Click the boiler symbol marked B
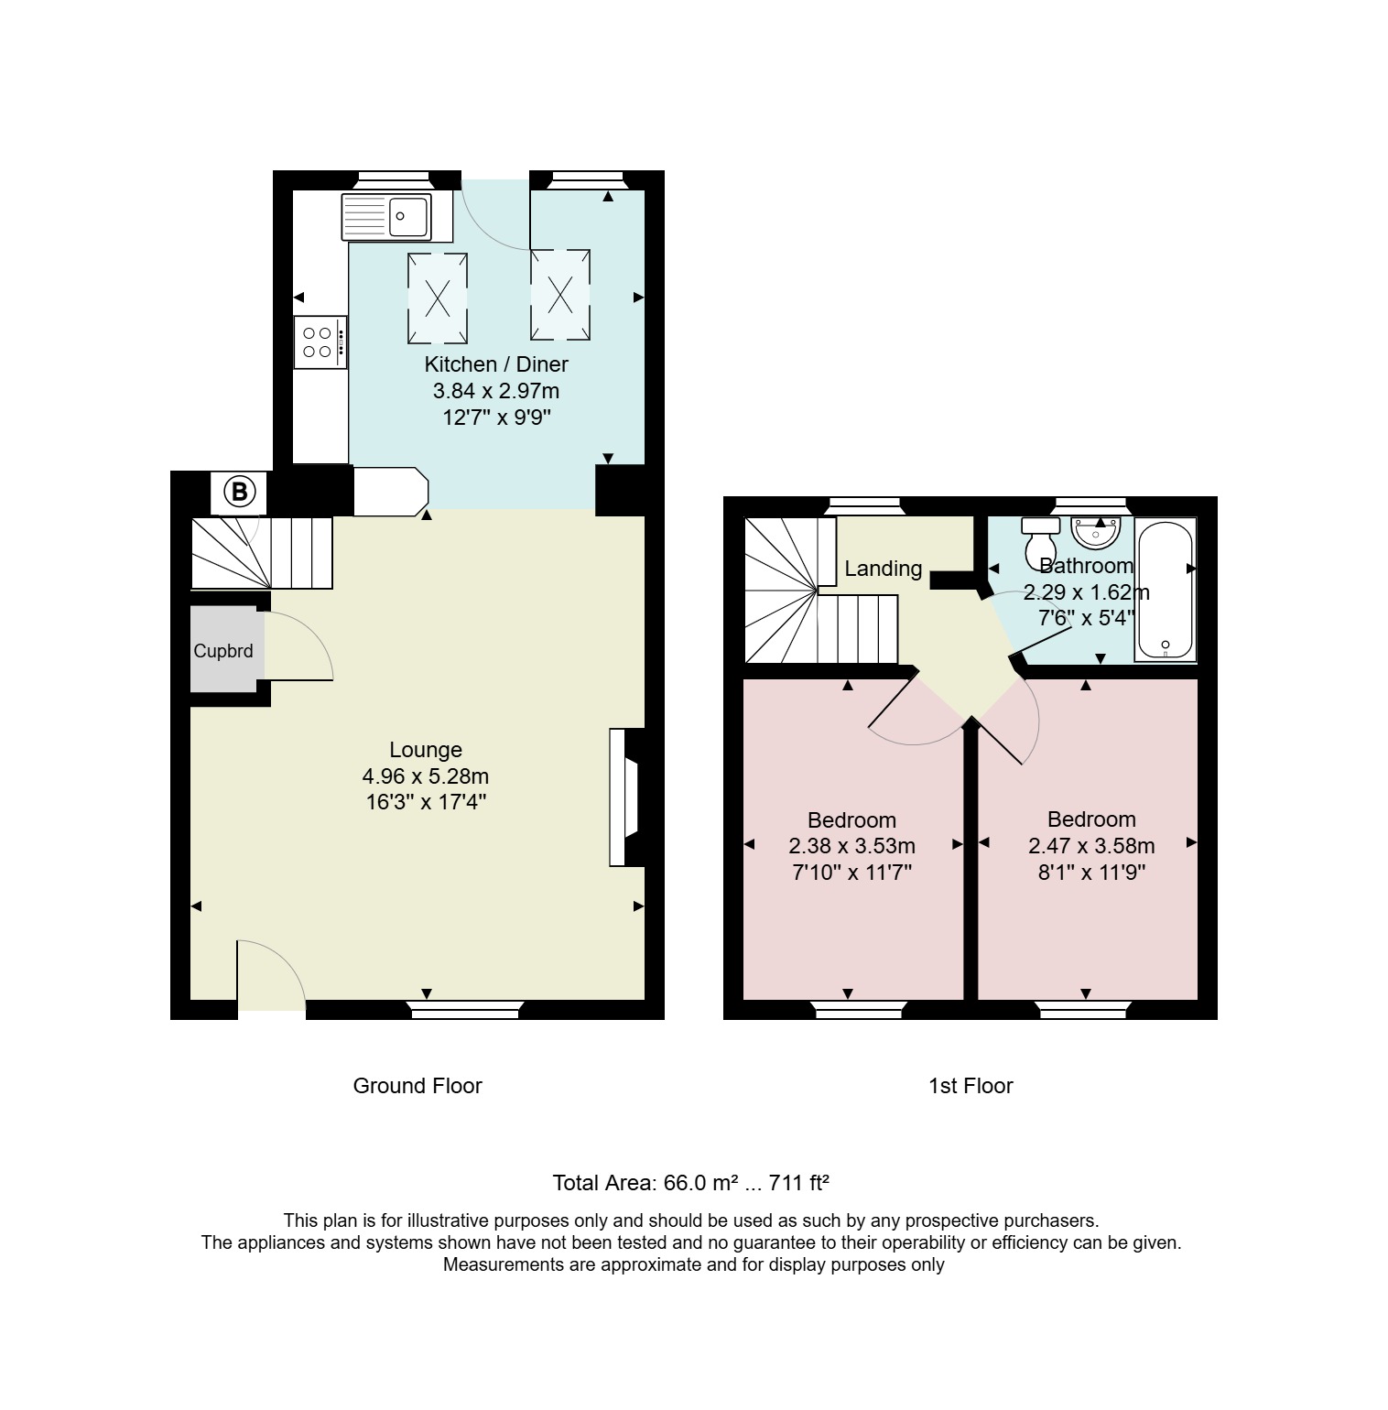[239, 493]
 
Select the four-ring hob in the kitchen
[320, 342]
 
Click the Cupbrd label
[223, 651]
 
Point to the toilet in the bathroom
[1040, 542]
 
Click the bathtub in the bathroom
[1166, 590]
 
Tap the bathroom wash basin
[1096, 531]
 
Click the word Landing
[883, 569]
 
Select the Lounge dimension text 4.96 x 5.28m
[426, 776]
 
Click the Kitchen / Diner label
[496, 363]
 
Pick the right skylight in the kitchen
[560, 294]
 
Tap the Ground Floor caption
[417, 1086]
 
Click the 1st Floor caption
[971, 1086]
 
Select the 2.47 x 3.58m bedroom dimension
[1091, 846]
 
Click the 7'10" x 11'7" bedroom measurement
[851, 872]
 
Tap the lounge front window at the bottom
[463, 1010]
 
